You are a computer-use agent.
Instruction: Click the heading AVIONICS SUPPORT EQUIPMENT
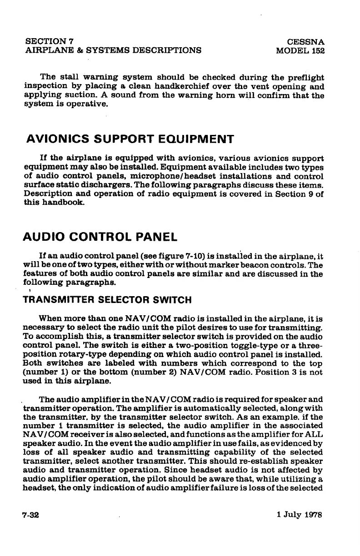tap(130, 139)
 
